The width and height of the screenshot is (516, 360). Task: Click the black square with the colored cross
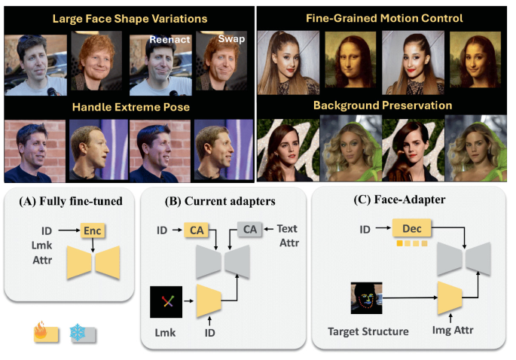pos(168,301)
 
